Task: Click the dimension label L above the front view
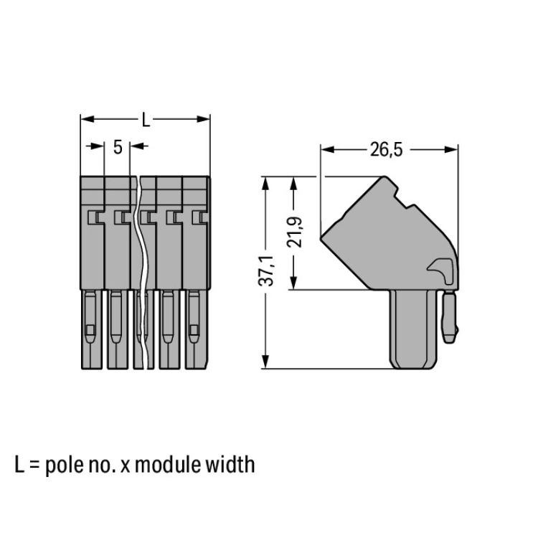point(146,121)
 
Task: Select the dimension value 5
point(118,148)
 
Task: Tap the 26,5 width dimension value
point(387,150)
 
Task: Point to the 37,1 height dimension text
point(266,270)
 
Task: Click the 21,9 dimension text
point(294,232)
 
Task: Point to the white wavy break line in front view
point(142,273)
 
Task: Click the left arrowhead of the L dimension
point(87,119)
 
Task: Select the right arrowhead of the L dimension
point(203,119)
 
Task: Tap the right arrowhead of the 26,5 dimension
point(451,150)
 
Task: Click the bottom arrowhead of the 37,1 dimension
point(265,362)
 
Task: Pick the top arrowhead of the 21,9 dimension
point(293,184)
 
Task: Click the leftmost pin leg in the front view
point(92,329)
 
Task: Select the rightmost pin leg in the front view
point(196,329)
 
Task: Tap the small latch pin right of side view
point(450,316)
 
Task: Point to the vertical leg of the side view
point(414,329)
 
